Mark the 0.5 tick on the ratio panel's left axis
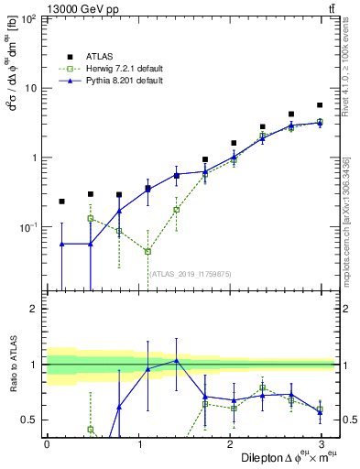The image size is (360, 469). pos(31,420)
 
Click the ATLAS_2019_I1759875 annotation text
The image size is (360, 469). pos(191,272)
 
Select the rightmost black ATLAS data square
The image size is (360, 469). pos(319,105)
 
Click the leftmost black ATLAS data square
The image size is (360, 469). pos(61,201)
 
